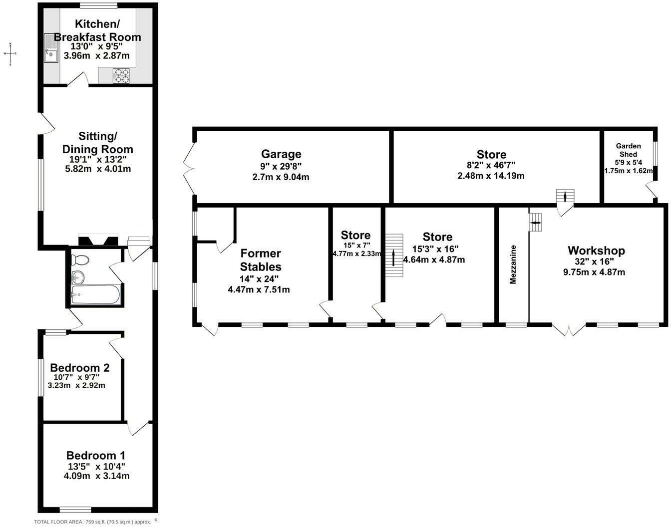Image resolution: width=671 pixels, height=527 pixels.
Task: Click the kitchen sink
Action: (x=51, y=48)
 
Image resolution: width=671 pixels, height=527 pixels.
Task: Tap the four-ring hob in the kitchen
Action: (x=121, y=75)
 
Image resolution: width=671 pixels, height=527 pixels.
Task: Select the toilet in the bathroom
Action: (x=80, y=260)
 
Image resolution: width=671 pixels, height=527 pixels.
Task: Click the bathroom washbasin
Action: (x=78, y=276)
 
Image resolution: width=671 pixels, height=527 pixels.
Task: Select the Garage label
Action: (x=281, y=154)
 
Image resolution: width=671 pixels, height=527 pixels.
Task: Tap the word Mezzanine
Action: (x=513, y=264)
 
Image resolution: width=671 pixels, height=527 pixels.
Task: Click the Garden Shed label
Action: (x=628, y=150)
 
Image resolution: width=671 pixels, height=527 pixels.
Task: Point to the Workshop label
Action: (x=596, y=251)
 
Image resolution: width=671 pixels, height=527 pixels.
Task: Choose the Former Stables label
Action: (x=261, y=260)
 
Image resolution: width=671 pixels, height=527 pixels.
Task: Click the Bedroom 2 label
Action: (x=80, y=368)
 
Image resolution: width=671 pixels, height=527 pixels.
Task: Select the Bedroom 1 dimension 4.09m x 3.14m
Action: (x=96, y=476)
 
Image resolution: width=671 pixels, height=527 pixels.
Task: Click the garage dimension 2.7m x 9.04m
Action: (x=281, y=177)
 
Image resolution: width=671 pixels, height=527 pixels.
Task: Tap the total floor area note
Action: (x=92, y=522)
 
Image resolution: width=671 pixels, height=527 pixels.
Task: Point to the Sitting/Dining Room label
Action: (x=98, y=143)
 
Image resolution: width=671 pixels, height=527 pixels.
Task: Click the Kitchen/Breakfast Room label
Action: (x=97, y=30)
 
